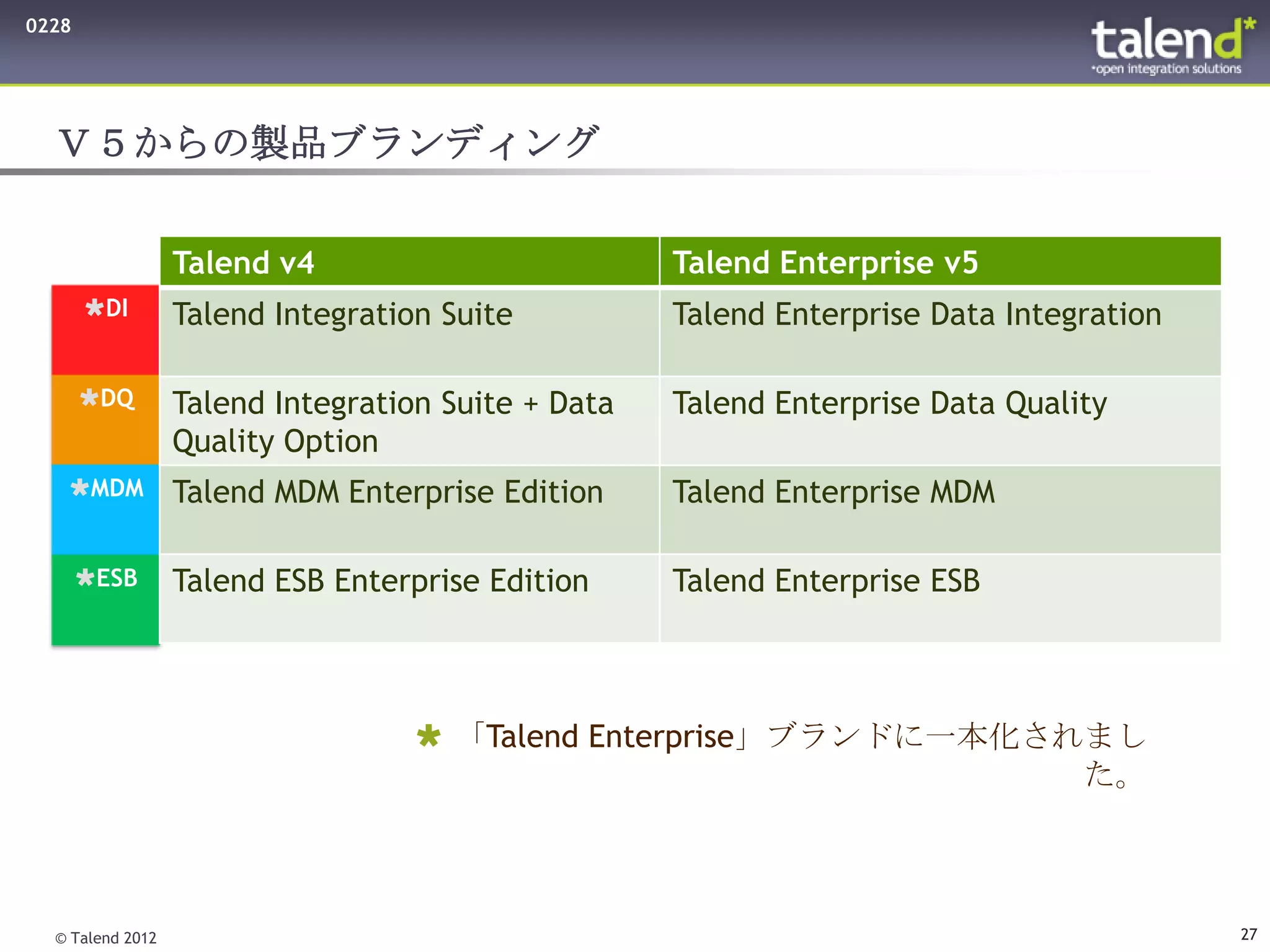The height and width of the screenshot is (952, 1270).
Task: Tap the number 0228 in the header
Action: (48, 26)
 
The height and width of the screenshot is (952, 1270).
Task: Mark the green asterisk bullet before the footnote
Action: (429, 736)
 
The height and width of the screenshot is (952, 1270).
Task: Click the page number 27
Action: (1248, 934)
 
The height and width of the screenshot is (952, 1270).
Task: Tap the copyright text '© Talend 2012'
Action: (106, 938)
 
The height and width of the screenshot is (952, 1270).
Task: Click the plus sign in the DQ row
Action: (530, 405)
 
